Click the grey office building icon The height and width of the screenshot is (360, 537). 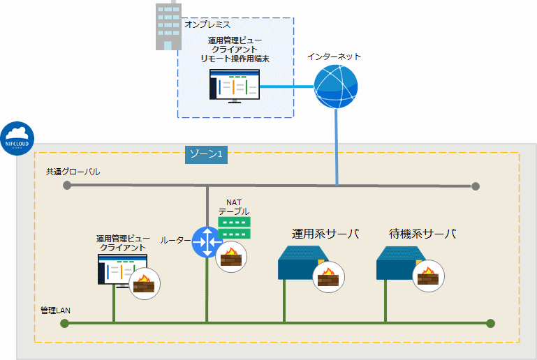coord(168,26)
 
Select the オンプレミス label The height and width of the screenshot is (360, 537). coord(207,24)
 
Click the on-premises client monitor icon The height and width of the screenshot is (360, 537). coord(235,86)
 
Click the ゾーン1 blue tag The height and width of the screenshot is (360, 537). coord(207,153)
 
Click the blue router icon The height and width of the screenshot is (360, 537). coord(207,241)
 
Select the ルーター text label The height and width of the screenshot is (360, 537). coord(175,240)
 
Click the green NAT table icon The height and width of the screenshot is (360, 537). coord(233,226)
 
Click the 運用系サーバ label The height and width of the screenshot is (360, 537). coord(325,234)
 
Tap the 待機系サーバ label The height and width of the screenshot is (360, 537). coord(422,234)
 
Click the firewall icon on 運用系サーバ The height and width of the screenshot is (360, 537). coord(328,277)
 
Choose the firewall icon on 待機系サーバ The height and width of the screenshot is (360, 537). coord(427,277)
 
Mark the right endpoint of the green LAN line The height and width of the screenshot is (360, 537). coord(490,323)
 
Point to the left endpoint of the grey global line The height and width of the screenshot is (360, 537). coord(67,186)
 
